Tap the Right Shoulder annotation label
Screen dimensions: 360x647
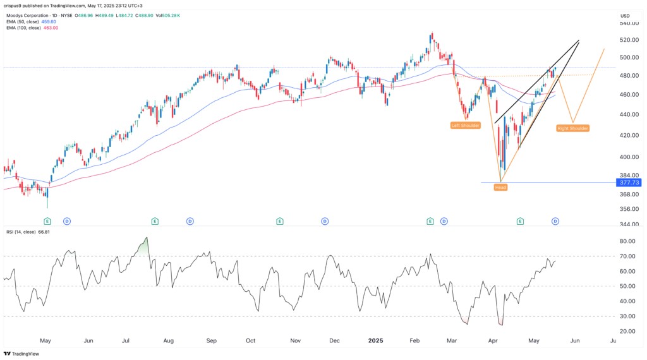click(573, 128)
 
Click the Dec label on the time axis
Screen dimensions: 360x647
click(334, 340)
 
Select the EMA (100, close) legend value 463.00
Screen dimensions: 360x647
click(51, 28)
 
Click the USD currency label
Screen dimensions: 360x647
click(626, 15)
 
